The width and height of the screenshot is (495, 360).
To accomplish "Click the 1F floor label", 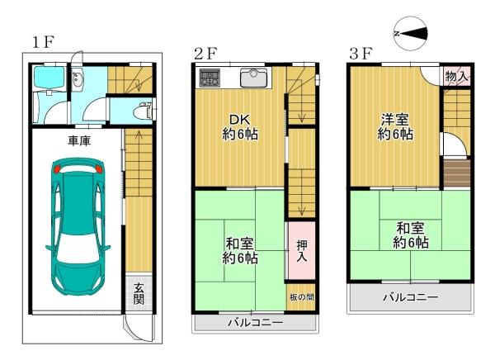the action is [x=43, y=42].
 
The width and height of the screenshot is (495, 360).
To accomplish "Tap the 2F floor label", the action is [x=205, y=54].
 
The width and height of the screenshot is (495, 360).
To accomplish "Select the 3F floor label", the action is [x=361, y=54].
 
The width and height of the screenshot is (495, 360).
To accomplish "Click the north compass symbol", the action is [x=411, y=33].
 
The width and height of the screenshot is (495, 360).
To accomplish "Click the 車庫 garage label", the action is [x=79, y=140].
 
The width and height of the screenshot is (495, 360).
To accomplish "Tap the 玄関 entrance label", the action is [x=139, y=294].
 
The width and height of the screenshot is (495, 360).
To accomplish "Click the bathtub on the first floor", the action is [x=49, y=76].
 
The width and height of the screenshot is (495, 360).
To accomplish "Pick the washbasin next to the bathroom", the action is [x=78, y=79].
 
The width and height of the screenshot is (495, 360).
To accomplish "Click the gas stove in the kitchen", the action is [x=210, y=78].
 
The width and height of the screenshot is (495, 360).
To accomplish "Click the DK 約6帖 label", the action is [x=240, y=127].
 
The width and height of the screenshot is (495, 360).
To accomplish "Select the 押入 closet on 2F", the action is [x=301, y=251].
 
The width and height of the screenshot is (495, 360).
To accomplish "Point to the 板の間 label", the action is [x=301, y=297].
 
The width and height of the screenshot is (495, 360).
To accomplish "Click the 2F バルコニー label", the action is [x=256, y=323].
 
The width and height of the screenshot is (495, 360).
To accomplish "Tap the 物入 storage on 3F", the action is [x=457, y=76].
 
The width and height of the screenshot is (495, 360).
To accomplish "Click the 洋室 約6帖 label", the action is [x=395, y=127].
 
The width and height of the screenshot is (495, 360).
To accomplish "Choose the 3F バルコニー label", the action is [x=411, y=297].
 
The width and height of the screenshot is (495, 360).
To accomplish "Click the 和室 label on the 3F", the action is [x=410, y=228].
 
